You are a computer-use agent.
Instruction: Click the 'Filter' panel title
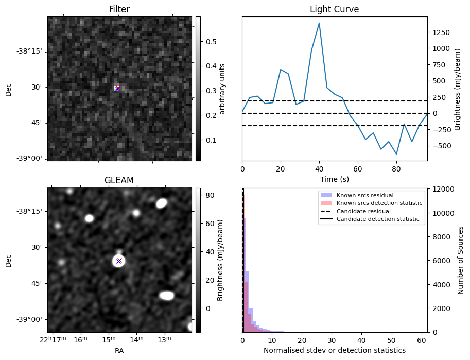(x=119, y=9)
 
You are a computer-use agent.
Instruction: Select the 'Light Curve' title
(x=334, y=9)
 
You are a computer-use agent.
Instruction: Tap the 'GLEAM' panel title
(x=119, y=180)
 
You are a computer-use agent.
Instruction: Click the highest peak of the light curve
(x=319, y=23)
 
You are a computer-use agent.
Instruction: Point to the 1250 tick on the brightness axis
(x=440, y=32)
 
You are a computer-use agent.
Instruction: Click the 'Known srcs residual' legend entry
(x=364, y=196)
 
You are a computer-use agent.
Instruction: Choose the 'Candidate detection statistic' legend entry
(x=378, y=219)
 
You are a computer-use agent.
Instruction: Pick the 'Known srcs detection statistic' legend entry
(x=379, y=203)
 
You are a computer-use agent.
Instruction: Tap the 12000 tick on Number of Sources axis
(x=441, y=189)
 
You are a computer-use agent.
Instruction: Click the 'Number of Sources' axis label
(x=461, y=260)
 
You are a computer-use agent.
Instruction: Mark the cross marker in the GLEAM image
(x=119, y=261)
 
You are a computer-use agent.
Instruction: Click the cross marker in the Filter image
(x=117, y=89)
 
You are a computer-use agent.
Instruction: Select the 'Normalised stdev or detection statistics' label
(x=334, y=350)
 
